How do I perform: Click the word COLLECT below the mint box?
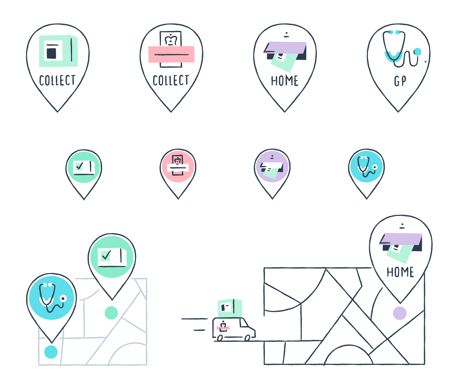(x=57, y=80)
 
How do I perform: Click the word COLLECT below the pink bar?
(x=171, y=80)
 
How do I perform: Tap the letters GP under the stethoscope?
(x=400, y=81)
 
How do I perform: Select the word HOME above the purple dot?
(x=400, y=272)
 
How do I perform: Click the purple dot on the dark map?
(x=400, y=313)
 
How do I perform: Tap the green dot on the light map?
(x=111, y=313)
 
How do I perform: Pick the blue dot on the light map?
(x=51, y=352)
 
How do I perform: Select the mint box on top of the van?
(x=230, y=308)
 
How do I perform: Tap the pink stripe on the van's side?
(x=223, y=328)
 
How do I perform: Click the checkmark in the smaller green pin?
(x=80, y=166)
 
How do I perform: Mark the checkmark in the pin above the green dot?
(x=106, y=256)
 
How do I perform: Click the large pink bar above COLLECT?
(x=171, y=54)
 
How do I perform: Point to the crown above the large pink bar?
(x=171, y=40)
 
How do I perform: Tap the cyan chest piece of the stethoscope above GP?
(x=418, y=52)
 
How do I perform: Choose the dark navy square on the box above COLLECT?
(x=51, y=53)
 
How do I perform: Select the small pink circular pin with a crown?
(x=178, y=166)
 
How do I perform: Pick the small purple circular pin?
(x=272, y=166)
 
